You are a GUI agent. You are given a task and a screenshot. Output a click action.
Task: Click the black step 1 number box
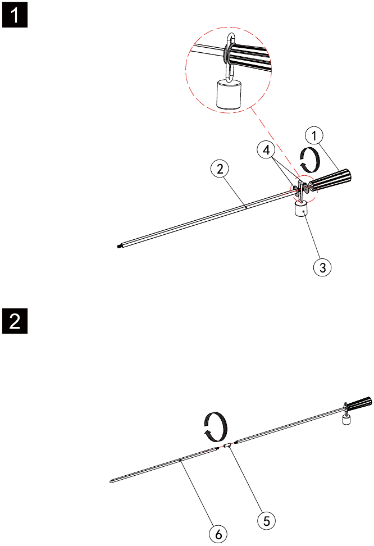15,15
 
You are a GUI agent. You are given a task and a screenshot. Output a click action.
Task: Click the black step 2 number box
15,321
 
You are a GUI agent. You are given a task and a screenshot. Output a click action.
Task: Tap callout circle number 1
314,135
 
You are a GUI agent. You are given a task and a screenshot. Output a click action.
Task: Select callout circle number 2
220,169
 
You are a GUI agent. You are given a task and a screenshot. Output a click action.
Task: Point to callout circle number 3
322,267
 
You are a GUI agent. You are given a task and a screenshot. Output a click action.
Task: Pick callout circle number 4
266,150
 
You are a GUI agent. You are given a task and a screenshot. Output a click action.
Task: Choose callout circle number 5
266,521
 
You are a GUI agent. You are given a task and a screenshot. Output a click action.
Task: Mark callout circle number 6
218,534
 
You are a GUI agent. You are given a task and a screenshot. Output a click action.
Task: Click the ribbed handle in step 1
330,180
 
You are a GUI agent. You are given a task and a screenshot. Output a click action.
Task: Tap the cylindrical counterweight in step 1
301,210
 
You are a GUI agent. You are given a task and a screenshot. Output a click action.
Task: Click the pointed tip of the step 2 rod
110,481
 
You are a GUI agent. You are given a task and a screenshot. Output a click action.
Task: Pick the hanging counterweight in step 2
346,420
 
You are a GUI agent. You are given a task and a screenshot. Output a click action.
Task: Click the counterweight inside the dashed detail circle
229,94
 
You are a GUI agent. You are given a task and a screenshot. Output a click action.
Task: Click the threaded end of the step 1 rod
119,247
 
